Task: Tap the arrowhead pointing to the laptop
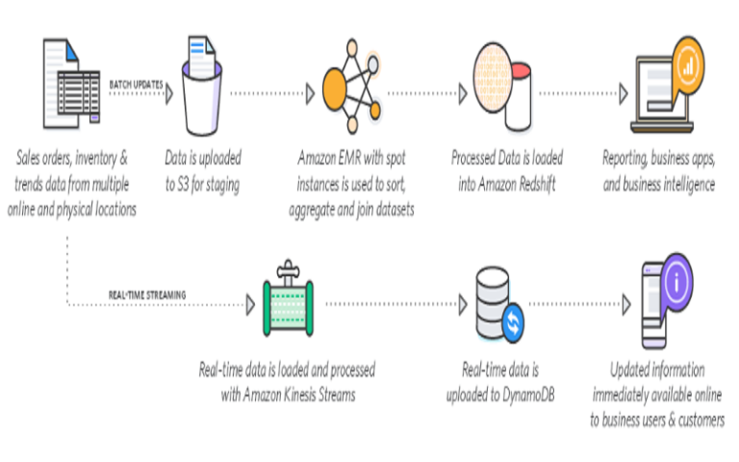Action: coord(624,94)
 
